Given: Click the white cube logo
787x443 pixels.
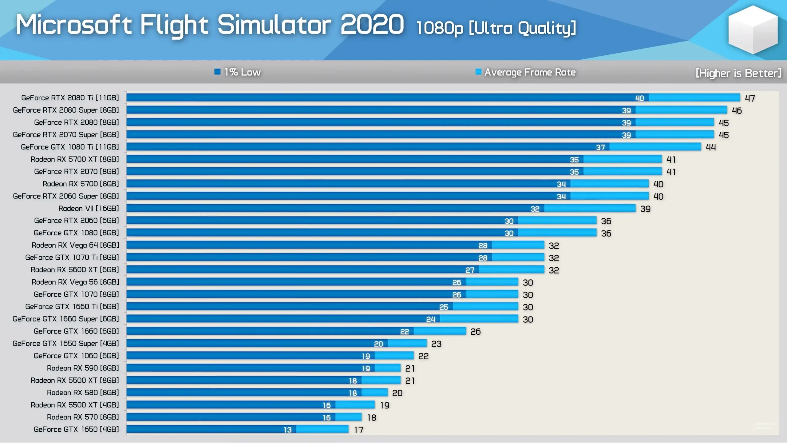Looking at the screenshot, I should [x=753, y=30].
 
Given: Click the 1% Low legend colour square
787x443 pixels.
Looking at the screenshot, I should [x=217, y=72].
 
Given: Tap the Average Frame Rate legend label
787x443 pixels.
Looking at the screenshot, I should [x=530, y=72].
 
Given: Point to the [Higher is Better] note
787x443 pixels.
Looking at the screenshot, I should [x=738, y=73].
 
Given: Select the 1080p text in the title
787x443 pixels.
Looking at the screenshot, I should [x=439, y=28].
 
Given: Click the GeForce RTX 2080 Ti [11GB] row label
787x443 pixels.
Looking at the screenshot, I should [x=70, y=98].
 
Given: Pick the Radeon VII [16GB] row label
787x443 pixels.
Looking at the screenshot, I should [x=89, y=209].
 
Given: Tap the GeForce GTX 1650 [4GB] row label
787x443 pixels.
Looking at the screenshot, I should [x=76, y=429].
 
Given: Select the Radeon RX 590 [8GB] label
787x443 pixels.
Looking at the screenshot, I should [x=83, y=368].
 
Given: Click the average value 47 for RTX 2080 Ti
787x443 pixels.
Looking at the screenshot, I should [x=750, y=98].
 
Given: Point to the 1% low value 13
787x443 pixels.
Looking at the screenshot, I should [x=288, y=430].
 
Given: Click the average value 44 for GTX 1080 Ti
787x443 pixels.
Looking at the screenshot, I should [x=710, y=147].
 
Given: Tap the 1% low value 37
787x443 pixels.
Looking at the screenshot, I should [x=600, y=147].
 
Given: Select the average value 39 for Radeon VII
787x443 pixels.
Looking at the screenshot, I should [x=645, y=209].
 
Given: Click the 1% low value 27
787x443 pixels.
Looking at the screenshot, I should [x=470, y=270].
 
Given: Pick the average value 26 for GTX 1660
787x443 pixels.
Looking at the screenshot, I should [x=475, y=332].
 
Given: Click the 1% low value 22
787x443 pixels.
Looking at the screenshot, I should [x=405, y=332].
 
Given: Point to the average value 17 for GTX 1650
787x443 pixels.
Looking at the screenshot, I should [x=358, y=430].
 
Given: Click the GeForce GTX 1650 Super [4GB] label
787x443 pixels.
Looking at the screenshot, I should [x=65, y=344].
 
